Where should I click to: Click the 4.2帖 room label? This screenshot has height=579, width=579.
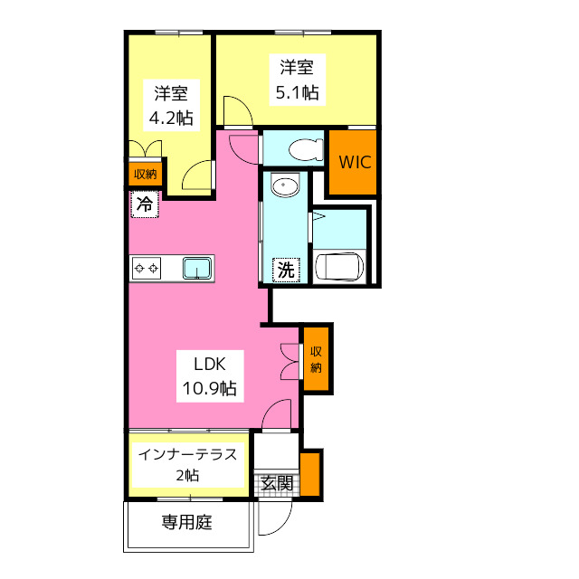pos(171,105)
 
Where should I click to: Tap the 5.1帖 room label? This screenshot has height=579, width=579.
pos(298,80)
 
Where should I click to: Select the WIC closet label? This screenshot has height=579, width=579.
pos(355,162)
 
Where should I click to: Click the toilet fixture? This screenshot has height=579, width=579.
pos(306,150)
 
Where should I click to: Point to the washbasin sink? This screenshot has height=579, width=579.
pos(285,185)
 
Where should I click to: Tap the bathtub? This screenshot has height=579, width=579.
pos(339,267)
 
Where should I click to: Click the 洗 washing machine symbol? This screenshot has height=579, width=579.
pos(286,270)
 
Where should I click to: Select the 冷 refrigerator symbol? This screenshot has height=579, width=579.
pos(145,204)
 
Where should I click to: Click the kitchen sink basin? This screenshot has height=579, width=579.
pos(198,268)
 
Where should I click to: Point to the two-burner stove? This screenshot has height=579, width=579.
pos(147,269)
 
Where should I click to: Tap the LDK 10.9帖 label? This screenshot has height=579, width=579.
pos(210,376)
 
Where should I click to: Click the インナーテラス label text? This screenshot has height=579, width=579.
pos(187,454)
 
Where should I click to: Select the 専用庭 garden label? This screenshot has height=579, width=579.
pos(187,522)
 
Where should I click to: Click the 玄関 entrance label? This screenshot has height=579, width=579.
pos(277,483)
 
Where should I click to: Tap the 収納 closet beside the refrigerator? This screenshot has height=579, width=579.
pos(145,174)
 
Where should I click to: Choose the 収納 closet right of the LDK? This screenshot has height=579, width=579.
pos(316,359)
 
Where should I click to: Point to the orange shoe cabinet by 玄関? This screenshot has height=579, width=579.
pos(309,474)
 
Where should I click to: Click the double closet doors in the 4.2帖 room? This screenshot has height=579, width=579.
pos(145,148)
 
